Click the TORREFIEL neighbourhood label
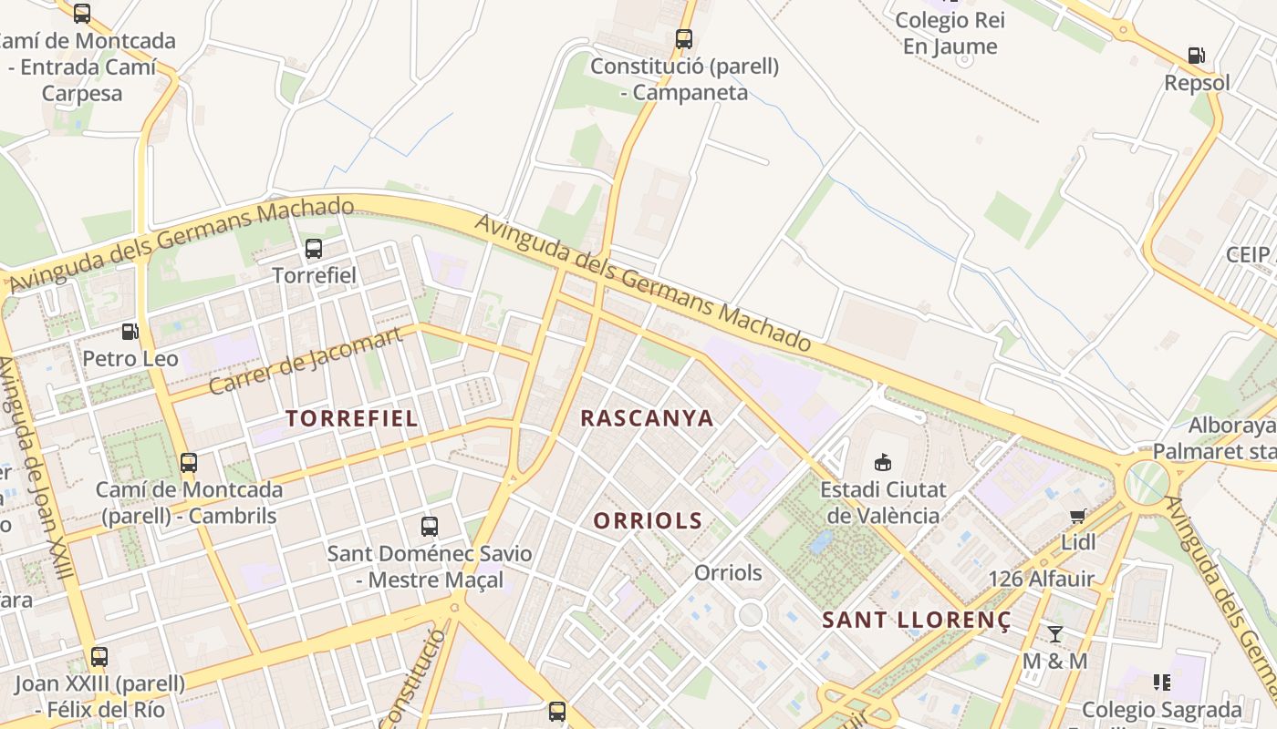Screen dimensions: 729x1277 click(x=352, y=418)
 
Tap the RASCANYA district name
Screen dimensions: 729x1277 click(x=647, y=418)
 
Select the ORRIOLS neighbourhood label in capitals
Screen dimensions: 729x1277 click(x=648, y=521)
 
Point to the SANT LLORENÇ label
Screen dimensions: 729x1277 click(x=917, y=621)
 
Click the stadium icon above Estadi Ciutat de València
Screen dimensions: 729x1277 click(x=882, y=462)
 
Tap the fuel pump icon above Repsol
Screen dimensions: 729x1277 click(x=1197, y=56)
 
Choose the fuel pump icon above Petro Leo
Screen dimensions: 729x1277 click(x=130, y=333)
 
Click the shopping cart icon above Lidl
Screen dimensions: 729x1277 click(x=1078, y=517)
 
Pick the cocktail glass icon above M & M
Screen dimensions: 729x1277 click(x=1055, y=633)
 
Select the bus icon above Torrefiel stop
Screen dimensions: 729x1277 click(x=314, y=248)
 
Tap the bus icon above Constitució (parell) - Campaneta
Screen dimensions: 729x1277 click(x=684, y=39)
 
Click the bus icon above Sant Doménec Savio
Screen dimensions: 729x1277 click(x=429, y=526)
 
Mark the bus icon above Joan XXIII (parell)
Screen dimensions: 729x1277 click(x=99, y=656)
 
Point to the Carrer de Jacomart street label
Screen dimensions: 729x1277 click(x=306, y=360)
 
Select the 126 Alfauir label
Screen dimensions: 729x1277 click(x=1042, y=579)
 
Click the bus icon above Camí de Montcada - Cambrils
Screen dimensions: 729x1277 click(x=189, y=462)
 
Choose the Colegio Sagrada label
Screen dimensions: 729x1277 click(x=1161, y=709)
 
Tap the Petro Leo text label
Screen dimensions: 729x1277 click(x=130, y=359)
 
